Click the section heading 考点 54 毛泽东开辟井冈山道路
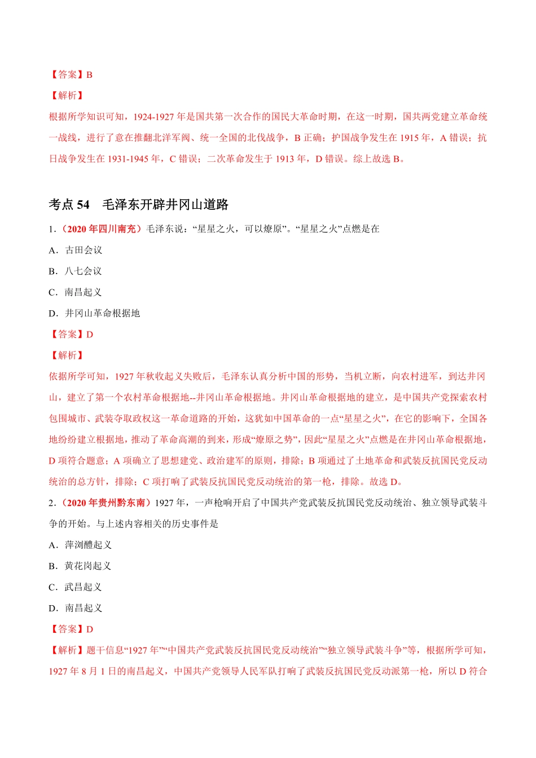138,205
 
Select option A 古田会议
76,250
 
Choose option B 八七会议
76,271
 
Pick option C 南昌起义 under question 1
76,292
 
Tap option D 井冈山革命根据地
94,313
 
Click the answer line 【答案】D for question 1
71,334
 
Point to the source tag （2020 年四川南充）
100,229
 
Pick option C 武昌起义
76,587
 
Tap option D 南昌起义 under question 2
76,608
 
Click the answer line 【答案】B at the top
71,74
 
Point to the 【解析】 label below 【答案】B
67,96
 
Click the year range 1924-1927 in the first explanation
153,117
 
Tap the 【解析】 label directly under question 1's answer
67,355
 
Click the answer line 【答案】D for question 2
71,629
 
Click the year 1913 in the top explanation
286,159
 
